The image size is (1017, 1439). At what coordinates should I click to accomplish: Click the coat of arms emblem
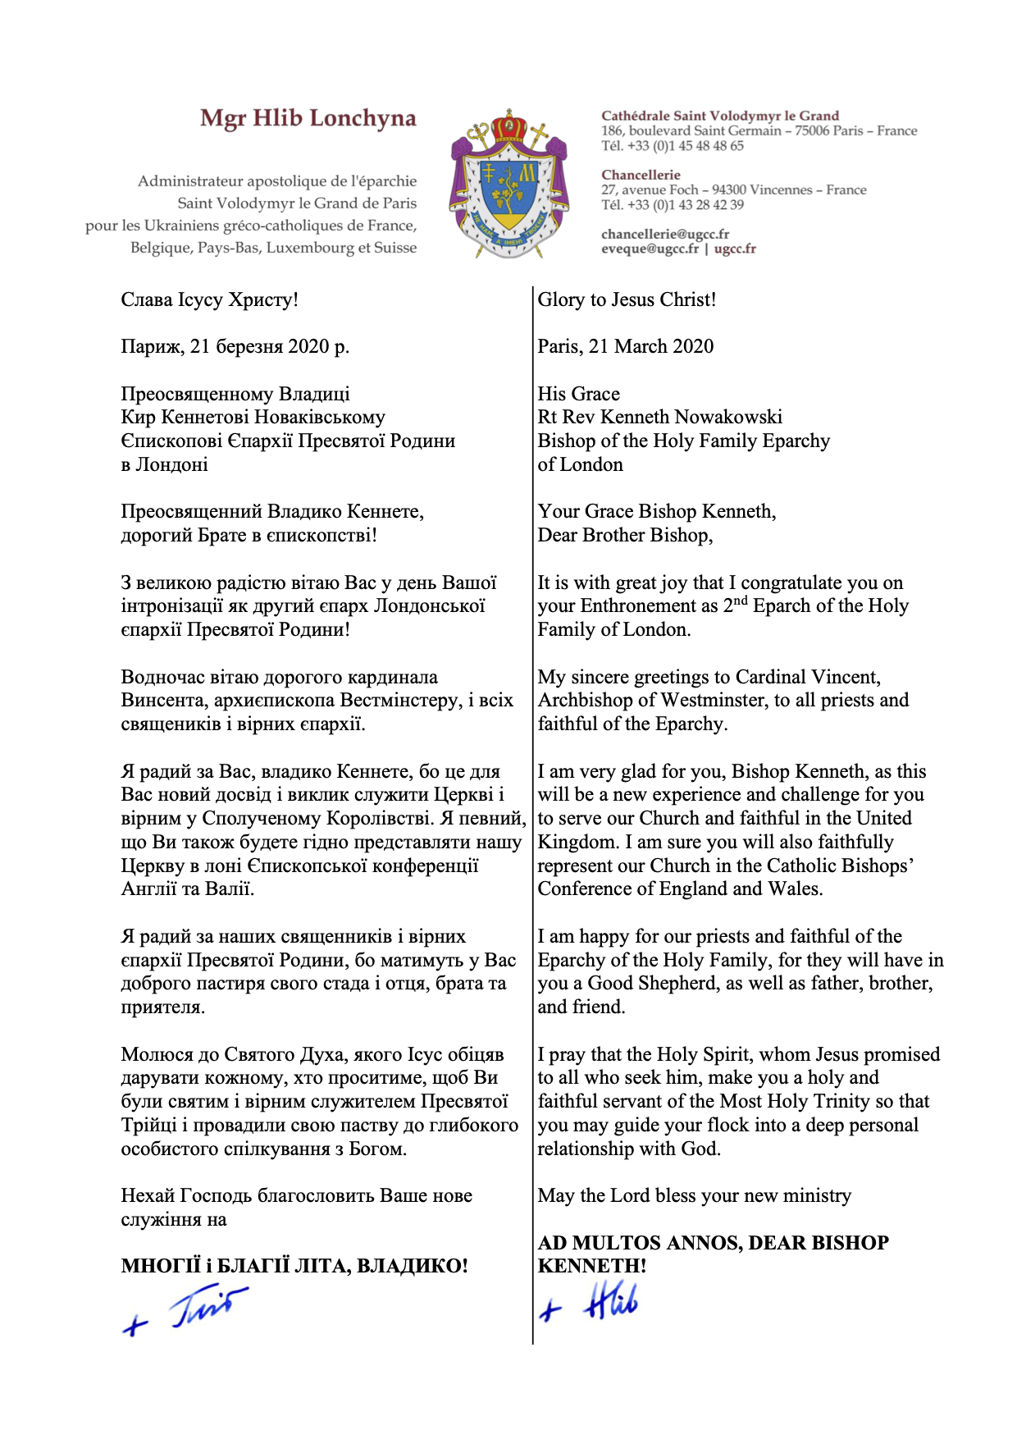point(508,185)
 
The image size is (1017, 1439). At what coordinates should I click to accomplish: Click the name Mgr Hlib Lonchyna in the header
point(308,119)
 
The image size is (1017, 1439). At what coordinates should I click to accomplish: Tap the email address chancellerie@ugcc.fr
point(665,234)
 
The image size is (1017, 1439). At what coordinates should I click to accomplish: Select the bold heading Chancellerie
point(641,175)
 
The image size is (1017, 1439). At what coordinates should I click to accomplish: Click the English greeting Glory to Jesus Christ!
point(627,299)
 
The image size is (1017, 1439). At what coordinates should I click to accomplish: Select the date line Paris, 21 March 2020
point(625,346)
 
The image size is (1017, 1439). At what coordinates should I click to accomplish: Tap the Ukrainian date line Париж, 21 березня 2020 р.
point(235,346)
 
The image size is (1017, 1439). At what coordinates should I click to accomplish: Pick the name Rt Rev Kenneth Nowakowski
point(659,417)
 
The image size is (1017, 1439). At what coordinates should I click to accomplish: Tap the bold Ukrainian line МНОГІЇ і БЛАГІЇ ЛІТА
point(294,1266)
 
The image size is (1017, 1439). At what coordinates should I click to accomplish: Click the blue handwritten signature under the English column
point(591,1304)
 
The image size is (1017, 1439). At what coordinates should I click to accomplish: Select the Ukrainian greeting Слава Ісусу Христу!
point(209,299)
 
